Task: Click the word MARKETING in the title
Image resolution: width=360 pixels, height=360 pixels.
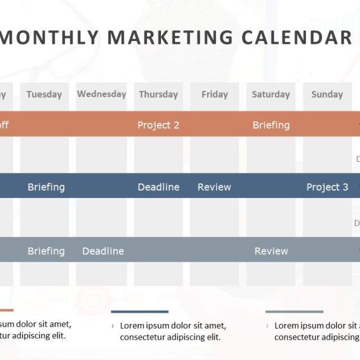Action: (170, 37)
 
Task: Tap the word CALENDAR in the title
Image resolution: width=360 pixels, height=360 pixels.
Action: (296, 37)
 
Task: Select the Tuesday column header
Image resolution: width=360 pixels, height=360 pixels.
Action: (44, 94)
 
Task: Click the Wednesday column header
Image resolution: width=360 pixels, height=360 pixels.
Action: (101, 94)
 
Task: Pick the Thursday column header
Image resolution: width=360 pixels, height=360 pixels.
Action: (158, 94)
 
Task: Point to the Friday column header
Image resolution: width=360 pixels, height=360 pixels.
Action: (214, 94)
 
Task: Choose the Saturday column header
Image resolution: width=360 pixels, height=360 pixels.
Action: (271, 94)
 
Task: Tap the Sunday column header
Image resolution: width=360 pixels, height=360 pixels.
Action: (327, 94)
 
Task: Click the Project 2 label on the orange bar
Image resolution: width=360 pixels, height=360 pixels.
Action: (158, 125)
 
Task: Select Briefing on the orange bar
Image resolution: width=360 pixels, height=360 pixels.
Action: (271, 125)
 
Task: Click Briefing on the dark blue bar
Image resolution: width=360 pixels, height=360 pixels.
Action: (46, 187)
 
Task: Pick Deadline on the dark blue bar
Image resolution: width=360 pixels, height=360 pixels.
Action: (159, 187)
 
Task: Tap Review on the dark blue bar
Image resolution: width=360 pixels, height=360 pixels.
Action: (214, 187)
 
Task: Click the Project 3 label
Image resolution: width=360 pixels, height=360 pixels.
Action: (327, 187)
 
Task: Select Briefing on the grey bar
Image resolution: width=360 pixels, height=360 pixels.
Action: (46, 251)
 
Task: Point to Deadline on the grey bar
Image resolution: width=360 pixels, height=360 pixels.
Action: (103, 251)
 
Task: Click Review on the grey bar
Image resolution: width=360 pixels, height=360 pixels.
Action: (271, 251)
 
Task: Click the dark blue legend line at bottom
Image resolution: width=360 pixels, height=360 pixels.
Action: (139, 311)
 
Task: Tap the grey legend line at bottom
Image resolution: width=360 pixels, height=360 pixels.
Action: (294, 311)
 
